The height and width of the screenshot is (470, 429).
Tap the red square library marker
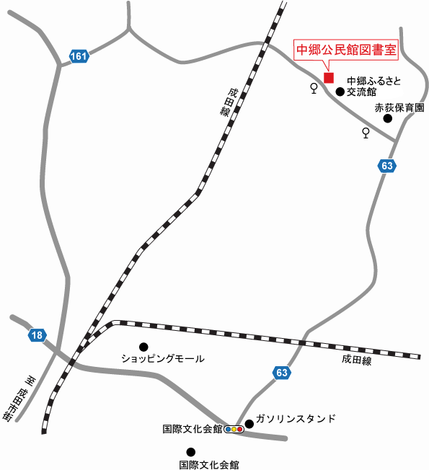pyautogui.click(x=329, y=77)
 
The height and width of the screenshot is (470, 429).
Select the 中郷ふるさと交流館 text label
pyautogui.click(x=373, y=87)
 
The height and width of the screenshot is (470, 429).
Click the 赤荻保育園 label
pyautogui.click(x=399, y=107)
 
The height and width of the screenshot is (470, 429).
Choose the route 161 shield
pyautogui.click(x=79, y=56)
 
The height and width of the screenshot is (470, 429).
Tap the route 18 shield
pyautogui.click(x=37, y=334)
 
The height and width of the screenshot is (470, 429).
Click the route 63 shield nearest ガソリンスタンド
pyautogui.click(x=282, y=372)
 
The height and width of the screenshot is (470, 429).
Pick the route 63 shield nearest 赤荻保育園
pyautogui.click(x=387, y=167)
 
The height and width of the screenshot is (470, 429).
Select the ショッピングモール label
pyautogui.click(x=163, y=358)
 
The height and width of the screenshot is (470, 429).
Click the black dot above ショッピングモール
pyautogui.click(x=143, y=347)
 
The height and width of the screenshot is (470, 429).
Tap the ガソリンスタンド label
pyautogui.click(x=296, y=419)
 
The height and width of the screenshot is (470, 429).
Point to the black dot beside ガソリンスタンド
pyautogui.click(x=249, y=423)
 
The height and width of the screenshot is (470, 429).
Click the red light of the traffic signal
pyautogui.click(x=240, y=430)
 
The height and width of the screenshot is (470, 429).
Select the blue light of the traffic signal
pyautogui.click(x=229, y=430)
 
